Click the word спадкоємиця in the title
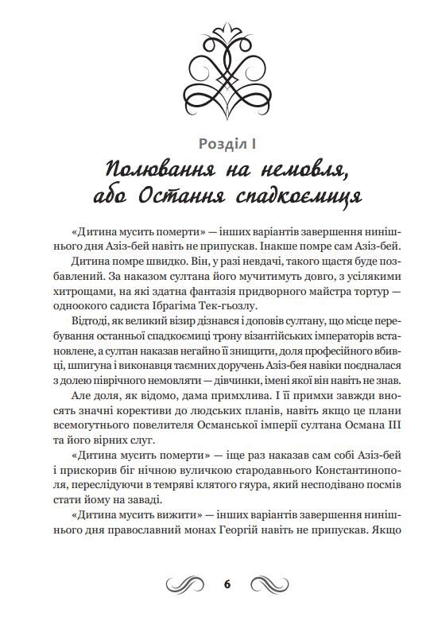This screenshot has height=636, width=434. (301, 196)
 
